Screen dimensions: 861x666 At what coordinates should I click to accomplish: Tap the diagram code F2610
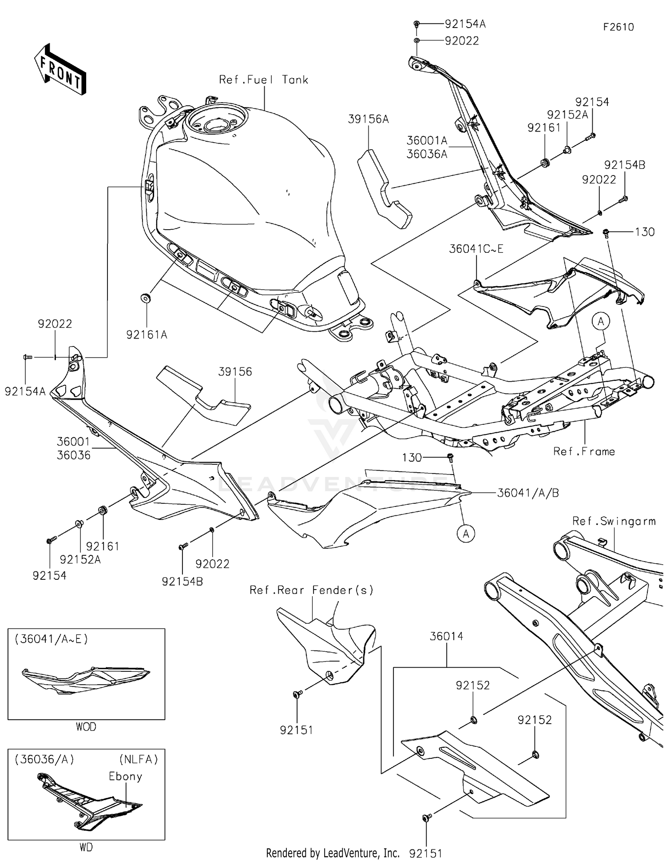pos(618,27)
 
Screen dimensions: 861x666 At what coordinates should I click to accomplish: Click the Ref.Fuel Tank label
pos(263,80)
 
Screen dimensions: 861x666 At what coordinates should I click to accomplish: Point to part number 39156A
pos(368,119)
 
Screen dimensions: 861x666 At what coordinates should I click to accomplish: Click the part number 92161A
pos(147,335)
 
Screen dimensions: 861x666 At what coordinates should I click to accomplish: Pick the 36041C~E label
pos(476,249)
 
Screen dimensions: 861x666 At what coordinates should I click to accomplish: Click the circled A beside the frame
pos(601,321)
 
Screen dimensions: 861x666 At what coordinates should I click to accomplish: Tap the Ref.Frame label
pos(583,451)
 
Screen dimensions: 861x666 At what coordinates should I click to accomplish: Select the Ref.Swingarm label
pos(614,521)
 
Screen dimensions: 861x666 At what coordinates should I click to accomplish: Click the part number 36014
pos(446,636)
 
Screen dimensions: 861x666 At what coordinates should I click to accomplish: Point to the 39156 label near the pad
pos(235,371)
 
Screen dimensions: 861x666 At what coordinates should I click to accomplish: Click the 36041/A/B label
pos(527,493)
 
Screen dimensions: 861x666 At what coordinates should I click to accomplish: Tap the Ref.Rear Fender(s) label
pos(311,590)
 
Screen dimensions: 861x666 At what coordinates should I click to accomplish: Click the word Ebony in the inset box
pos(126,776)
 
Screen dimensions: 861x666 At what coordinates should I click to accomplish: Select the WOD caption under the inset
pos(86,727)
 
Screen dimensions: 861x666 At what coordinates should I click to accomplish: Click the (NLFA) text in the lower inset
pos(139,759)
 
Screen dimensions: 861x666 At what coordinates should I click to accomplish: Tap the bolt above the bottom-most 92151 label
pos(427,817)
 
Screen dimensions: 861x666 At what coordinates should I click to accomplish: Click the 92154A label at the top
pos(465,24)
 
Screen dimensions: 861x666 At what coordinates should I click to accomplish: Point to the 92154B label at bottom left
pos(182,581)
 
